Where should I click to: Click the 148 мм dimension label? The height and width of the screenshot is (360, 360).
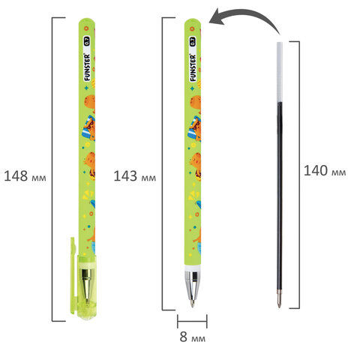(x=25, y=176)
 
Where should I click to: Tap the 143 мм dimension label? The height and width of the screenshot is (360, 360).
(x=135, y=176)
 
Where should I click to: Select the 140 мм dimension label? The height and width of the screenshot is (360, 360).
(x=325, y=171)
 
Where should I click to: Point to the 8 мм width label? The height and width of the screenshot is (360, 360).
(x=193, y=337)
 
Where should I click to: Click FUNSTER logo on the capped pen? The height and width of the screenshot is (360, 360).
(x=87, y=67)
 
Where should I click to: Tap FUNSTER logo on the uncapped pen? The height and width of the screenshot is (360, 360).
(x=193, y=68)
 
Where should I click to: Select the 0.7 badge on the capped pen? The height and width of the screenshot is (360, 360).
(x=87, y=41)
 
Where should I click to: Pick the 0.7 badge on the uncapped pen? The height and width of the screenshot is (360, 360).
(x=193, y=41)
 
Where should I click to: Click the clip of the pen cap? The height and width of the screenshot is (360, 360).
(x=73, y=275)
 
